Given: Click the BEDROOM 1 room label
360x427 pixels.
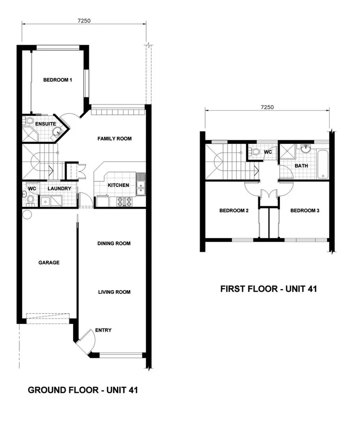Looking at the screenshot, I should pos(58,80).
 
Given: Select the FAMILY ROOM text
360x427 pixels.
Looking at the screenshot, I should pos(114,139).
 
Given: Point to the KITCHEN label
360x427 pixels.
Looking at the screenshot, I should pos(118,185).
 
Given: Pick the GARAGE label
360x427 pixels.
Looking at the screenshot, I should pos(49,262).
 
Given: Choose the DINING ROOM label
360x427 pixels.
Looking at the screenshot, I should pos(114,244).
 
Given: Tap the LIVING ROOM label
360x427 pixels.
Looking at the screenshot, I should pos(114,292).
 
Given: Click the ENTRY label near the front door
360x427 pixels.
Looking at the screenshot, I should pos(103,330).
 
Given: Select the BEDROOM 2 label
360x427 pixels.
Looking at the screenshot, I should pos(234,211).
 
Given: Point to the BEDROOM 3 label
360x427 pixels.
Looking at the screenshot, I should pos(305,211).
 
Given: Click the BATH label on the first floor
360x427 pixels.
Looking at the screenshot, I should pos(301,166).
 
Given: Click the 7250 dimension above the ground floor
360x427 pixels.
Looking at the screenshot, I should pos(84,20).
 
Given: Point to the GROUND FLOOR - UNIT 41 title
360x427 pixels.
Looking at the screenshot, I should pos(82,390).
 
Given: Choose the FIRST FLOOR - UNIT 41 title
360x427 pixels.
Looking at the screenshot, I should pos(269,289).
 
